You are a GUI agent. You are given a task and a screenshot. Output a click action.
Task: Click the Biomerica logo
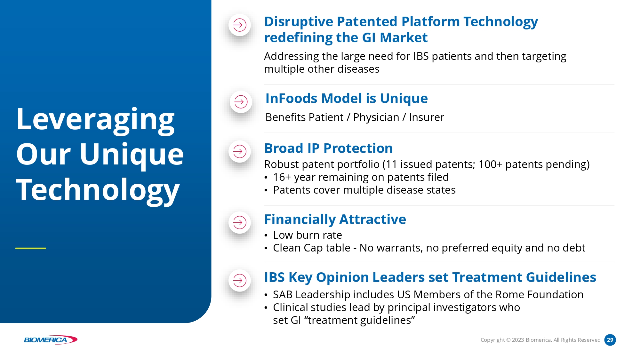pyautogui.click(x=51, y=340)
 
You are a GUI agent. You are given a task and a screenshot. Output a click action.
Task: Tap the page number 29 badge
pyautogui.click(x=610, y=340)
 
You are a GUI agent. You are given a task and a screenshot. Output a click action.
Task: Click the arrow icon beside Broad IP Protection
pyautogui.click(x=240, y=151)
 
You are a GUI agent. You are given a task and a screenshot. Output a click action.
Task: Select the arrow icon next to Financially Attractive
pyautogui.click(x=240, y=222)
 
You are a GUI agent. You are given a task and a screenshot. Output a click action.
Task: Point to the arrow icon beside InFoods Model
pyautogui.click(x=241, y=102)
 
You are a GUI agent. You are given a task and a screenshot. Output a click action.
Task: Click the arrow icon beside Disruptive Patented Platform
pyautogui.click(x=240, y=25)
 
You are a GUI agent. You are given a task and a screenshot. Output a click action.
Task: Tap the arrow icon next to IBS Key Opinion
pyautogui.click(x=240, y=281)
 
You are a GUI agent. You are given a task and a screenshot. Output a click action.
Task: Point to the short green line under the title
pyautogui.click(x=31, y=248)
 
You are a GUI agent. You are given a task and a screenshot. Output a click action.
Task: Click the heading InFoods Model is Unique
pyautogui.click(x=347, y=99)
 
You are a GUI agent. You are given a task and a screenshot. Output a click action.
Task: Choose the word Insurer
pyautogui.click(x=427, y=117)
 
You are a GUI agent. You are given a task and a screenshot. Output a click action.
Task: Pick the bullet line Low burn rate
pyautogui.click(x=308, y=235)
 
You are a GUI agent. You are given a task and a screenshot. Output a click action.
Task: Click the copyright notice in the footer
pyautogui.click(x=540, y=340)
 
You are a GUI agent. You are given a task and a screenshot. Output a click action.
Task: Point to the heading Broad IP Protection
pyautogui.click(x=329, y=148)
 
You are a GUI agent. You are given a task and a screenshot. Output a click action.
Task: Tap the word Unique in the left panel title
pyautogui.click(x=132, y=156)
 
